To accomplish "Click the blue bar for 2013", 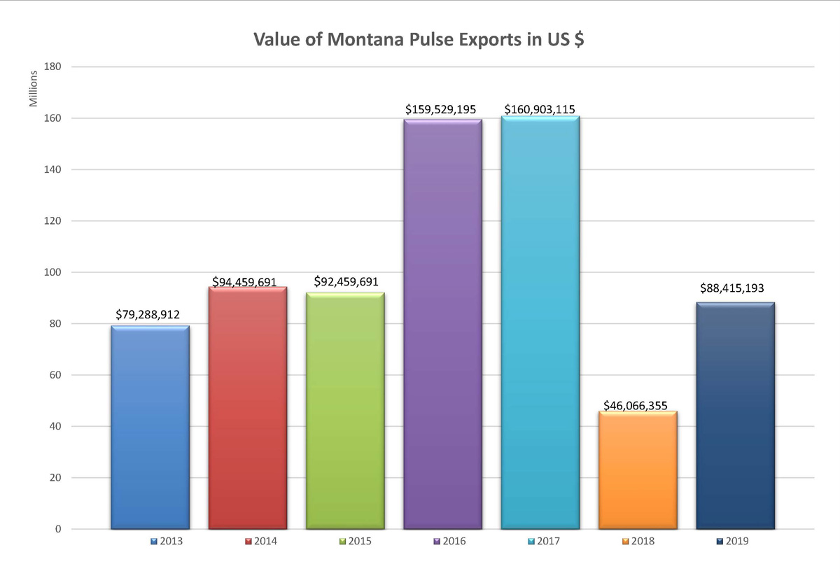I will (150, 427).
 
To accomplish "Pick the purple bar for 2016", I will (443, 323).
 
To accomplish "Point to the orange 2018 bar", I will (638, 470).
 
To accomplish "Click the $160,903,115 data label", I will (540, 109).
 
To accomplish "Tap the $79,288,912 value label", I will (148, 315).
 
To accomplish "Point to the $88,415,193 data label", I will (735, 288).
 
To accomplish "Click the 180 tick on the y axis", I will (55, 67).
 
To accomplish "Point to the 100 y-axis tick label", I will (55, 272).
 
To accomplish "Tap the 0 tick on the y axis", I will (59, 529).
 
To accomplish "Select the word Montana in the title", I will (350, 40).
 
